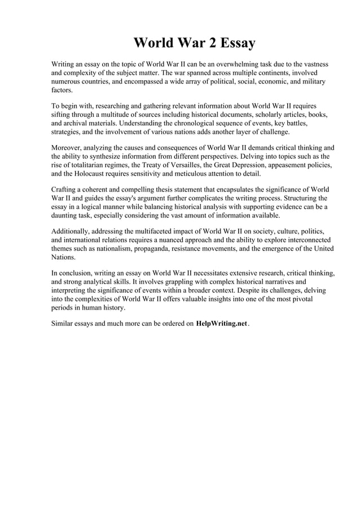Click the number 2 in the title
[211, 43]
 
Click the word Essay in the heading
[237, 43]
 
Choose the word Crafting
[67, 190]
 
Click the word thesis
[176, 190]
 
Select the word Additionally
[73, 232]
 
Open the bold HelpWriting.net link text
[221, 324]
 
